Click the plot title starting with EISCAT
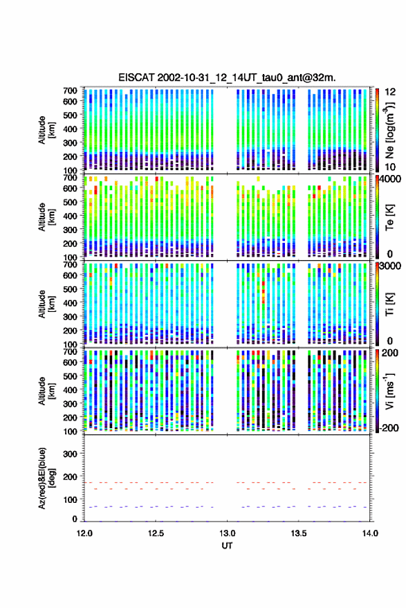click(227, 77)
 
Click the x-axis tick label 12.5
click(156, 533)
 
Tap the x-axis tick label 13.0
click(227, 533)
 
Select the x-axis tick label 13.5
click(298, 533)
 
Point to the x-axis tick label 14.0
click(370, 533)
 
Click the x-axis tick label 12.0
click(84, 533)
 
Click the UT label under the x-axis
click(228, 546)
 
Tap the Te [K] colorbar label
click(389, 217)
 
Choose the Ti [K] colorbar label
click(389, 304)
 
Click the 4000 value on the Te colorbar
click(391, 179)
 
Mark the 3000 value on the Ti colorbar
click(391, 266)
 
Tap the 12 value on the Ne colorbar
click(391, 92)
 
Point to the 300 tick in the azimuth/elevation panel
click(70, 454)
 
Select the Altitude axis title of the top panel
click(46, 130)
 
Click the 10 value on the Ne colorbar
click(391, 167)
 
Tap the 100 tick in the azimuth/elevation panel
click(70, 499)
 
